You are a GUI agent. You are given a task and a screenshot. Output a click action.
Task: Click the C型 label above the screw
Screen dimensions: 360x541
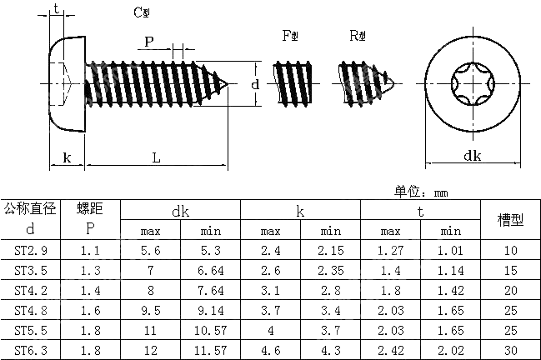tap(143, 12)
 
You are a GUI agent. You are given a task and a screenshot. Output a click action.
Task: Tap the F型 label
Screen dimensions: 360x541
tap(291, 35)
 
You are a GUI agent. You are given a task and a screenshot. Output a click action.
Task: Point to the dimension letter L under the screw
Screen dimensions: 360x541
tap(156, 157)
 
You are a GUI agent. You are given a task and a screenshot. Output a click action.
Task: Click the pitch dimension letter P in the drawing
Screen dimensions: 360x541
tap(149, 42)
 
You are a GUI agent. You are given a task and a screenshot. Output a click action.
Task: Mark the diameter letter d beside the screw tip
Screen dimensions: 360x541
tap(255, 84)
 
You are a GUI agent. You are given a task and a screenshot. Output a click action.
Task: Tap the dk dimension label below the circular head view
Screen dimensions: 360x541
tap(472, 156)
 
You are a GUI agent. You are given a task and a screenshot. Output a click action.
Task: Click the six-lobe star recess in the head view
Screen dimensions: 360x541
tap(473, 84)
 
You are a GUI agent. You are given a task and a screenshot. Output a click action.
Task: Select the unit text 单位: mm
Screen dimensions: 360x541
tap(421, 192)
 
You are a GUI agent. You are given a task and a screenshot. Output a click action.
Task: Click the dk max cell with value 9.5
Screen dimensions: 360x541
tap(150, 310)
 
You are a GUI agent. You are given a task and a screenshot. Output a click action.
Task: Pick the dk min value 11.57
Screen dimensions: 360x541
tap(210, 350)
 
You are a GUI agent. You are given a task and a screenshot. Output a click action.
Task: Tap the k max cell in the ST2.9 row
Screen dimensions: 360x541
tap(270, 250)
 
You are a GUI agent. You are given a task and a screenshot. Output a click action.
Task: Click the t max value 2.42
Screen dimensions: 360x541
tap(390, 350)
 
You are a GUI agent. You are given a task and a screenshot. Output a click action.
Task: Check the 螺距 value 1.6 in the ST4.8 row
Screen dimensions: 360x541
tap(90, 310)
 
